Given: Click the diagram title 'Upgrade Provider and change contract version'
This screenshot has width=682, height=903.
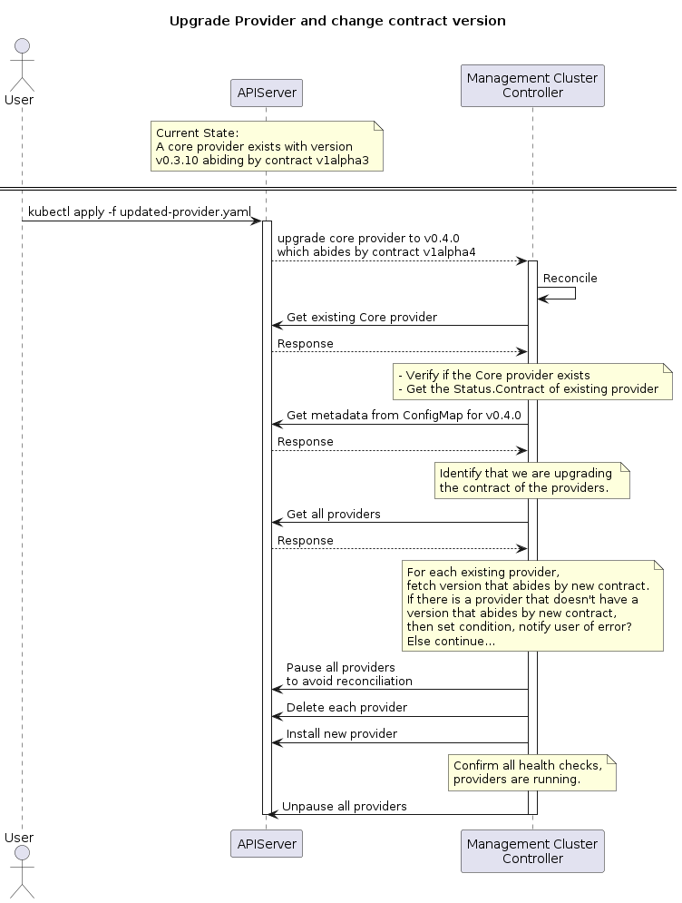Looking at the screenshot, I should [x=337, y=21].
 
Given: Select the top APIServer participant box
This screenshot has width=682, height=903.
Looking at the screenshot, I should [x=266, y=93].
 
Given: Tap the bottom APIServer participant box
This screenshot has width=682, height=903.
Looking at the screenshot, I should [x=266, y=843].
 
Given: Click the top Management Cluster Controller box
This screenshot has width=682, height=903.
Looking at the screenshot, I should [x=532, y=85].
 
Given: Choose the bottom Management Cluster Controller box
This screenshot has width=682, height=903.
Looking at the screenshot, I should [x=532, y=850].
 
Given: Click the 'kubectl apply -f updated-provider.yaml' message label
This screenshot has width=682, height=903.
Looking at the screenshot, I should [x=140, y=211].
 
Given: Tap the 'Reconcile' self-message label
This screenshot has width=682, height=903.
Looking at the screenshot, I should [x=570, y=277].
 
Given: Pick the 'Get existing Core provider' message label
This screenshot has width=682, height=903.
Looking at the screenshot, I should [x=362, y=317].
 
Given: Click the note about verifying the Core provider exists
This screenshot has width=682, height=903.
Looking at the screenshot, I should [x=532, y=381].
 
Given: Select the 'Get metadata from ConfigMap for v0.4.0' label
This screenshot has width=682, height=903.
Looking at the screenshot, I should [x=404, y=415].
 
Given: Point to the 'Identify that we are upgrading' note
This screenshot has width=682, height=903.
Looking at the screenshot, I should [x=531, y=480].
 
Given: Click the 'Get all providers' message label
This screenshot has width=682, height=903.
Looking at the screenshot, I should [x=334, y=514].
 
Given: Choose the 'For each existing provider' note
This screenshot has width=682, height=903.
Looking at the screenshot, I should [x=532, y=605].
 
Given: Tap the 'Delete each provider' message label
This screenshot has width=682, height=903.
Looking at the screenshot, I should [x=346, y=707].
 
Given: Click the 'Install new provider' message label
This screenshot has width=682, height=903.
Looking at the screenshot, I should [x=342, y=733].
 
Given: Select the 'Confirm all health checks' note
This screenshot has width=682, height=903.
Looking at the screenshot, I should [x=531, y=772].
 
